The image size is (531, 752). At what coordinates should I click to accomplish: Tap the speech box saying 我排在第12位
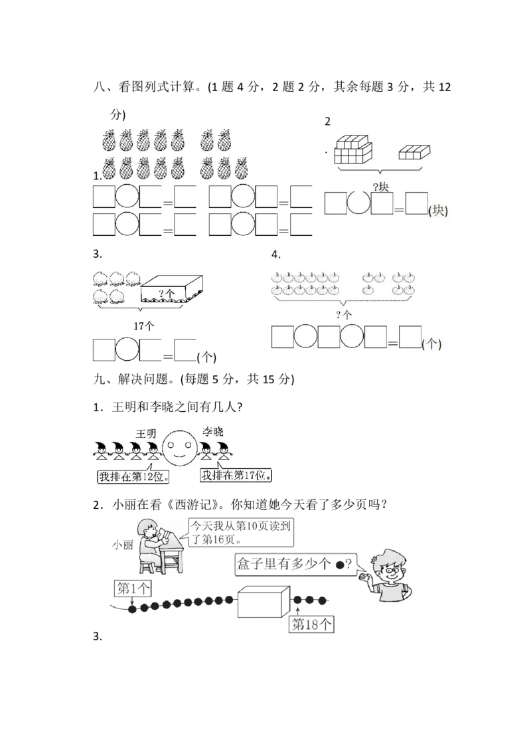133,476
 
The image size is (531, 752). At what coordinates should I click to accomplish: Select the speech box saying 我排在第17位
236,475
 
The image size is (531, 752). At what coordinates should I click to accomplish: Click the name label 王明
146,434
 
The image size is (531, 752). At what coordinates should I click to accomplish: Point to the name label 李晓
213,432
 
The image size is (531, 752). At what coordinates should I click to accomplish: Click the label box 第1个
133,588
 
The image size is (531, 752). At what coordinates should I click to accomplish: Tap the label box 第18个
311,624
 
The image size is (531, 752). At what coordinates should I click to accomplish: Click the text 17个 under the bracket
144,326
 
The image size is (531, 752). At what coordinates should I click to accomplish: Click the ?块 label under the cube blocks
381,187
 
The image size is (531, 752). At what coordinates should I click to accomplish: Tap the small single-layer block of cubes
415,152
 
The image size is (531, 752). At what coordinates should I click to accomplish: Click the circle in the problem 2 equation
358,203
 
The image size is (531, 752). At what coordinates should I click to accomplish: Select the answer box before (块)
416,203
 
